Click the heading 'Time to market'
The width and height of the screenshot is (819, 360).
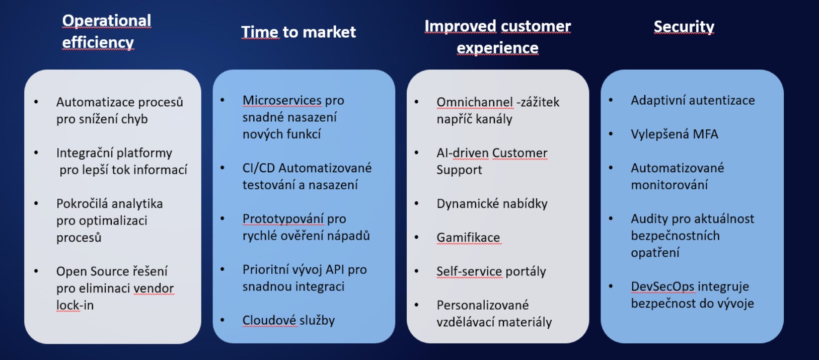[299, 32]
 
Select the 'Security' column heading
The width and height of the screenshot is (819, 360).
[684, 27]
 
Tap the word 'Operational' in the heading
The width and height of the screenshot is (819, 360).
[106, 21]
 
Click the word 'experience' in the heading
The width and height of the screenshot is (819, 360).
[497, 48]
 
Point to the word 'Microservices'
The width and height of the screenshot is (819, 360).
[282, 100]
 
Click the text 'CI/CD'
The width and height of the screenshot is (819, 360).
[259, 168]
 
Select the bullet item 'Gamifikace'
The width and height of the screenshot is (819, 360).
[468, 238]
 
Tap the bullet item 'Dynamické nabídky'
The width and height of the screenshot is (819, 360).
[492, 204]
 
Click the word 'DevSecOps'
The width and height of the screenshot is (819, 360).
[662, 286]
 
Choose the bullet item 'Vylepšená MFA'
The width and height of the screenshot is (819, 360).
[674, 134]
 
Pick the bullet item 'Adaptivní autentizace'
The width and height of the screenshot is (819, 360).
[693, 100]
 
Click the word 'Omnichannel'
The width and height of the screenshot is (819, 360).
[475, 102]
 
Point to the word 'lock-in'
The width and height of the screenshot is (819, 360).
[75, 305]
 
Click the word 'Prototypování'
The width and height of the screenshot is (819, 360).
[283, 219]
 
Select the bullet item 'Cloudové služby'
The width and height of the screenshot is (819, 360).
[288, 320]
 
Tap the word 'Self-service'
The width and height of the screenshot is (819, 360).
[469, 271]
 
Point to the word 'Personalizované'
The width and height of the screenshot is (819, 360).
[483, 305]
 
